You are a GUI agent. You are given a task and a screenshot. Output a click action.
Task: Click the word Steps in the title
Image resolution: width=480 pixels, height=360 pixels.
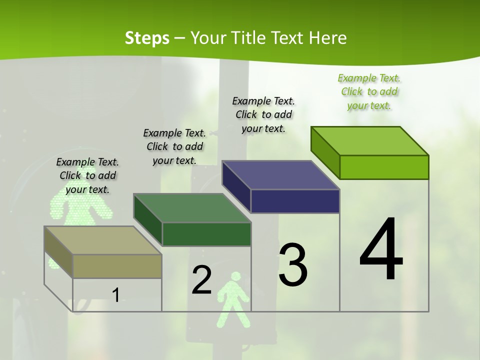pyautogui.click(x=147, y=38)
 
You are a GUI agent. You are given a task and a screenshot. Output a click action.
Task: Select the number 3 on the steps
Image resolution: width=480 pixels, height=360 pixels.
pyautogui.click(x=292, y=264)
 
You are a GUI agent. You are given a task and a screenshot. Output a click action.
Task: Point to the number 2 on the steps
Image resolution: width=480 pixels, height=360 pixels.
pyautogui.click(x=201, y=280)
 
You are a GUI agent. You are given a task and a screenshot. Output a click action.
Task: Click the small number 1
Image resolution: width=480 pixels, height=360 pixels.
pyautogui.click(x=115, y=295)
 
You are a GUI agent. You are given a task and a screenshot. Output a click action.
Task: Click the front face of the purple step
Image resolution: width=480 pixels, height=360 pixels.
pyautogui.click(x=295, y=201)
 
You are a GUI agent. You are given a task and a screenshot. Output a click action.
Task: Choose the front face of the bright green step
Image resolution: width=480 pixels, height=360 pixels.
pyautogui.click(x=384, y=167)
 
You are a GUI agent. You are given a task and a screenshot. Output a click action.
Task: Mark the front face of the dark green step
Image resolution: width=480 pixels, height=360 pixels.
pyautogui.click(x=206, y=234)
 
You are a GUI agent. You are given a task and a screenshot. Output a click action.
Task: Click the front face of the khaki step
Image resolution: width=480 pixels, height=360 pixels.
pyautogui.click(x=117, y=266)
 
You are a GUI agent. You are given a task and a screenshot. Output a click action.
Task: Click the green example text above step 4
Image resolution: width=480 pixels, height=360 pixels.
pyautogui.click(x=369, y=92)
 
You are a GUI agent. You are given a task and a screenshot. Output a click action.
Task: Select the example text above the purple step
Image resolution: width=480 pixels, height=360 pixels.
pyautogui.click(x=263, y=114)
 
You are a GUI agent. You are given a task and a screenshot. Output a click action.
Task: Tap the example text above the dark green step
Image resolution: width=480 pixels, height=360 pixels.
pyautogui.click(x=174, y=146)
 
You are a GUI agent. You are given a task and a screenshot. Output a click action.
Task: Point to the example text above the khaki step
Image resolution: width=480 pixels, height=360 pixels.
pyautogui.click(x=87, y=175)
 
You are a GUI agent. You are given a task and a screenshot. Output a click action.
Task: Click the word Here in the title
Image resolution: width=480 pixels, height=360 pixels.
pyautogui.click(x=327, y=38)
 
